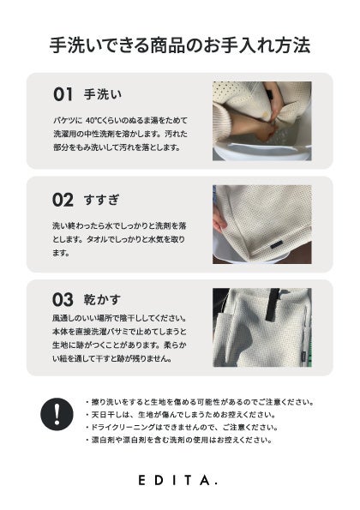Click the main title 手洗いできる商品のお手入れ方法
(x=180, y=45)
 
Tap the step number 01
(x=63, y=94)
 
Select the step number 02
(x=63, y=200)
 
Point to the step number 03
(x=63, y=299)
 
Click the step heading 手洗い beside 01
(x=103, y=94)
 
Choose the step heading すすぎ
(x=102, y=200)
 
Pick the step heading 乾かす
(x=102, y=299)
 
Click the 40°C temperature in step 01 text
(x=94, y=120)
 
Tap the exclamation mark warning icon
(x=57, y=414)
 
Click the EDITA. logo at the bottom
(x=178, y=480)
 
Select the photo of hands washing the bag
(x=262, y=121)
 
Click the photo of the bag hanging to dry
(x=262, y=327)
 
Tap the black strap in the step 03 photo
(x=273, y=304)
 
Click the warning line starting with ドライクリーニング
(x=182, y=427)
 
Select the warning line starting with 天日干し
(x=181, y=415)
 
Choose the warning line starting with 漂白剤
(x=178, y=440)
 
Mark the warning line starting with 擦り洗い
(x=200, y=402)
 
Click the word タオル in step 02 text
(x=97, y=239)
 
